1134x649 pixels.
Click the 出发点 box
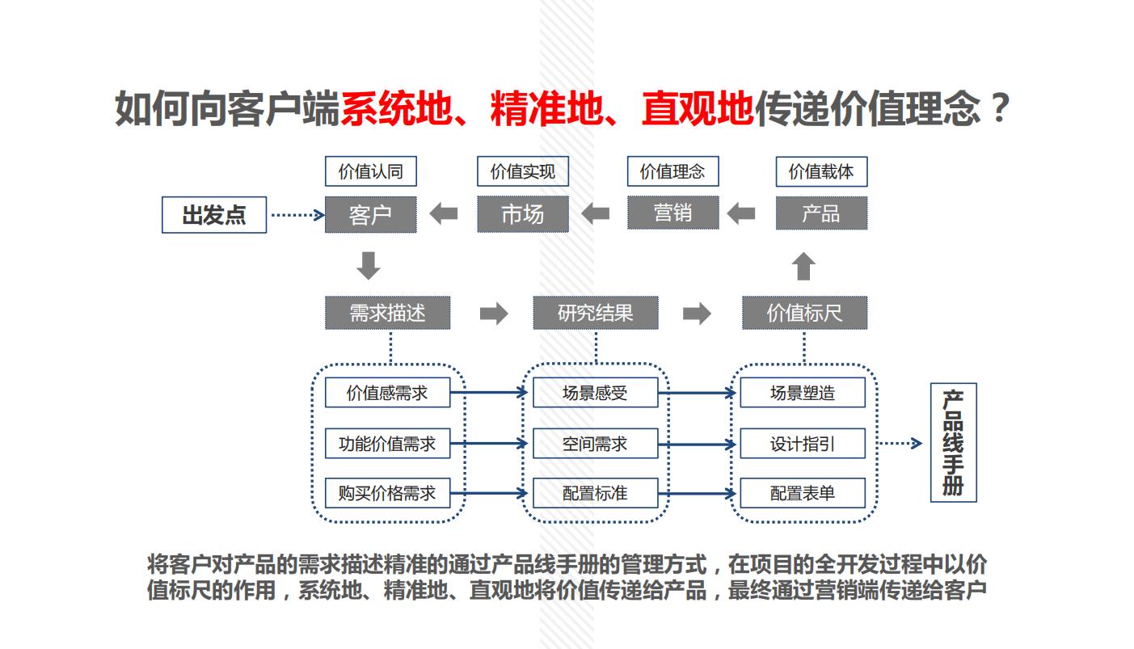click(x=214, y=215)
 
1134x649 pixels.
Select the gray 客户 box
click(x=370, y=214)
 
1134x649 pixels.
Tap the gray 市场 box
click(x=522, y=214)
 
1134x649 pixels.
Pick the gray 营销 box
click(x=672, y=213)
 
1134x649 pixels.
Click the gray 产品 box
click(x=821, y=213)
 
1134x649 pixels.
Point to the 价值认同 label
click(x=370, y=171)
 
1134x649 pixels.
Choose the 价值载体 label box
click(x=821, y=171)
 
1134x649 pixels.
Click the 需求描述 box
click(x=387, y=313)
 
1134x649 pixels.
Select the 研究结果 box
click(x=596, y=313)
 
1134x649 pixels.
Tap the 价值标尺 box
click(x=804, y=313)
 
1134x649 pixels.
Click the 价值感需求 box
click(x=387, y=393)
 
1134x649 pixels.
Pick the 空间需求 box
click(x=595, y=443)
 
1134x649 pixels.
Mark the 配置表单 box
click(x=803, y=493)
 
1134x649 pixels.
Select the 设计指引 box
click(x=803, y=443)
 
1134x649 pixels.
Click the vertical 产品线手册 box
click(x=954, y=442)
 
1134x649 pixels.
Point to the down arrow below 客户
click(x=369, y=265)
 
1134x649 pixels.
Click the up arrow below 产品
click(x=803, y=266)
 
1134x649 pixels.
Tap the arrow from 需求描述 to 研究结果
click(x=493, y=313)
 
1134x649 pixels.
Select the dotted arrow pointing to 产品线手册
click(x=900, y=443)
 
